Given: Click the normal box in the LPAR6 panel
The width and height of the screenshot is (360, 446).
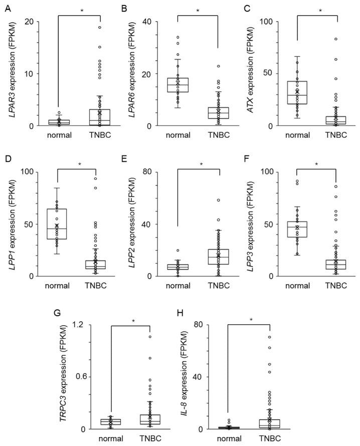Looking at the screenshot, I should [177, 85].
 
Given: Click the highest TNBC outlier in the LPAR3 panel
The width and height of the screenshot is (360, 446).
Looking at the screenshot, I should [99, 27].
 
